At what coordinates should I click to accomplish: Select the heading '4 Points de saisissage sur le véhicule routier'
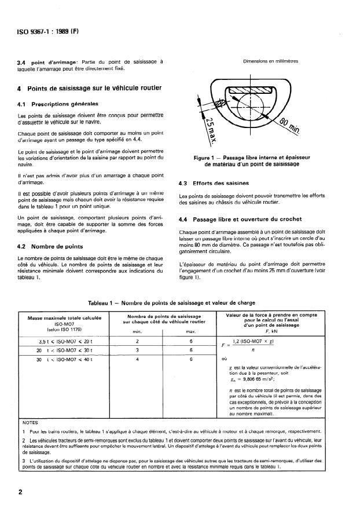[x=89, y=88]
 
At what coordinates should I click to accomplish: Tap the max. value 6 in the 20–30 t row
[x=190, y=350]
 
